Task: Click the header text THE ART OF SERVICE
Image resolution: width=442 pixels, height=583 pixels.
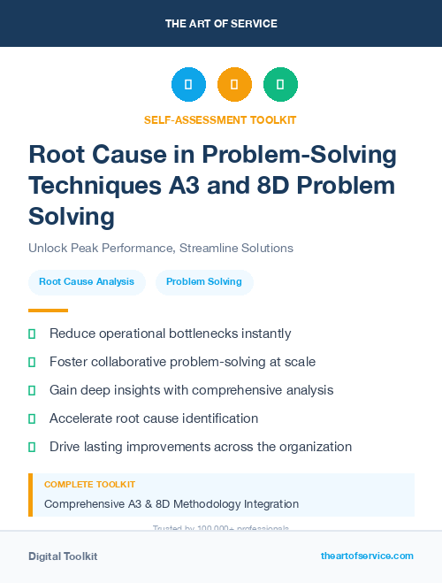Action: pyautogui.click(x=221, y=24)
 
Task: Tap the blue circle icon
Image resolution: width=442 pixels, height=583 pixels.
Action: pyautogui.click(x=188, y=85)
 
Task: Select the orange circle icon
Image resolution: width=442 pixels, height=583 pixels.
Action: pyautogui.click(x=234, y=85)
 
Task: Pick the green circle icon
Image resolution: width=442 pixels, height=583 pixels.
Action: pyautogui.click(x=280, y=85)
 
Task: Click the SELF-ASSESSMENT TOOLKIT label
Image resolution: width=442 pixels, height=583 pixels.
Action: pyautogui.click(x=220, y=119)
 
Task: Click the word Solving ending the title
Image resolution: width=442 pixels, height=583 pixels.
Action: pyautogui.click(x=72, y=216)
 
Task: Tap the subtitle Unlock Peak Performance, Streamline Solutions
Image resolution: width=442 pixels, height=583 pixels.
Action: pyautogui.click(x=161, y=248)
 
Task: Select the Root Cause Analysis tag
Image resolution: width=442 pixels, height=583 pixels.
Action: pyautogui.click(x=87, y=281)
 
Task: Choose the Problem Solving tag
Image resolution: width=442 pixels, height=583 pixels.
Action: pyautogui.click(x=204, y=281)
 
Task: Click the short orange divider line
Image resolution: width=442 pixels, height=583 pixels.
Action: pyautogui.click(x=48, y=311)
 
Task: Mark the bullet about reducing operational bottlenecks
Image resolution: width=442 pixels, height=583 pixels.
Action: pyautogui.click(x=170, y=334)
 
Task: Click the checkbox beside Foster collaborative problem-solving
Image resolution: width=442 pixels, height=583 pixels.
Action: pyautogui.click(x=32, y=362)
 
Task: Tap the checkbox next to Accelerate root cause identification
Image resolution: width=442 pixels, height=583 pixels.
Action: pyautogui.click(x=32, y=418)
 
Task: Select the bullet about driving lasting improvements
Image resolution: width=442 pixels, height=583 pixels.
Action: pyautogui.click(x=201, y=447)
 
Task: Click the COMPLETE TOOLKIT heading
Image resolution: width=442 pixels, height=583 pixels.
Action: pyautogui.click(x=89, y=485)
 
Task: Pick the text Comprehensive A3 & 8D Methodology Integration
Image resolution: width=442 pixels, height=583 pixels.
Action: pyautogui.click(x=171, y=504)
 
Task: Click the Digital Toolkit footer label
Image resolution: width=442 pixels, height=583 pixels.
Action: pyautogui.click(x=63, y=556)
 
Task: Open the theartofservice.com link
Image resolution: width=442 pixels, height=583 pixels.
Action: pyautogui.click(x=367, y=556)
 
